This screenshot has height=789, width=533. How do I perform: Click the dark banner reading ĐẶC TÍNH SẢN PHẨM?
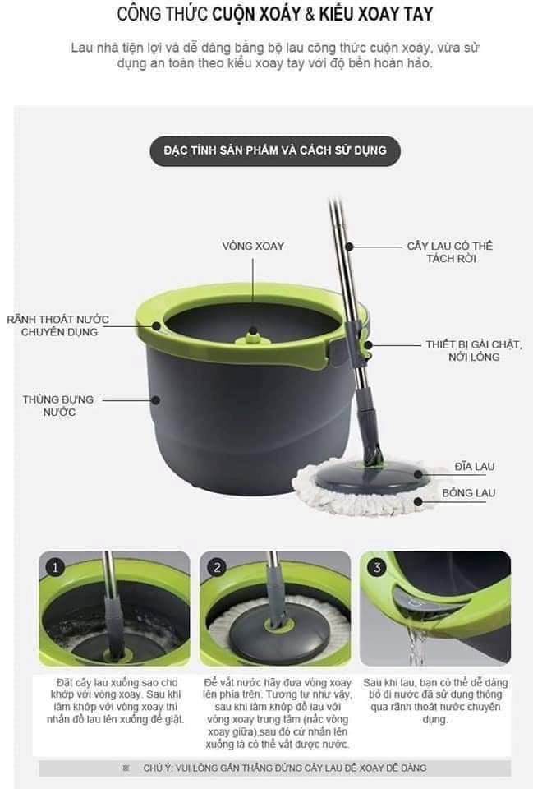click(x=275, y=150)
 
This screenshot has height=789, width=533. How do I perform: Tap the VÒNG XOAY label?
click(x=253, y=246)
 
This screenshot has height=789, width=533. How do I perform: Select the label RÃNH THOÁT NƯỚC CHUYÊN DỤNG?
click(x=58, y=325)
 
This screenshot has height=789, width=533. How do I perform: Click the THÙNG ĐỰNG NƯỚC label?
click(x=58, y=405)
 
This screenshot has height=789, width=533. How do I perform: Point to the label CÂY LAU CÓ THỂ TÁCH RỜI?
click(x=450, y=252)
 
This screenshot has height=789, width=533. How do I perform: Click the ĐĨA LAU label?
click(x=475, y=467)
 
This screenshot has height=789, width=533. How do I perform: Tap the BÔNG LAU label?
click(x=469, y=493)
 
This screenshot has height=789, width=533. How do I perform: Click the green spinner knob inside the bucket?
click(x=254, y=337)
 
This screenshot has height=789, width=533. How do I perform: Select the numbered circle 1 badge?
click(x=55, y=568)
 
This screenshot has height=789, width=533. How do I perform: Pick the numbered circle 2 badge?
click(x=217, y=568)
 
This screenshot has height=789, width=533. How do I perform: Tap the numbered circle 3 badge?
click(x=377, y=568)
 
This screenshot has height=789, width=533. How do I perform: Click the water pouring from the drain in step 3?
click(x=417, y=644)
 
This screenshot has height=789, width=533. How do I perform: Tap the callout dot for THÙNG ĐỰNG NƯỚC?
click(x=156, y=400)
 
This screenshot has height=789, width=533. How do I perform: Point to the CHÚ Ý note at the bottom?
click(x=275, y=768)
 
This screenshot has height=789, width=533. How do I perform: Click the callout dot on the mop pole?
click(x=350, y=247)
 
